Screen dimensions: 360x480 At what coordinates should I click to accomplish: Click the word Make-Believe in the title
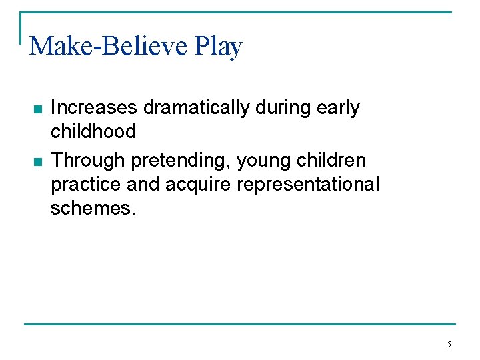point(109,46)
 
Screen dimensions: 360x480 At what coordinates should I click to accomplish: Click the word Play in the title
point(219,46)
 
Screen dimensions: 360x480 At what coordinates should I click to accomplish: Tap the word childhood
point(93,131)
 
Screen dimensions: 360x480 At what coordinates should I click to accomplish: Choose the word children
point(333,161)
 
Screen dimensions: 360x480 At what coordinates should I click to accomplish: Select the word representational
point(308,184)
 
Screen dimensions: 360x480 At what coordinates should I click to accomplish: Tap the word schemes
point(93,207)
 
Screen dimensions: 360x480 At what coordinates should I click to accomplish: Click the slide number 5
point(449,345)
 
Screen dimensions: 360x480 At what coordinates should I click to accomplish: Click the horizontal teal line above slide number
point(240,324)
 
